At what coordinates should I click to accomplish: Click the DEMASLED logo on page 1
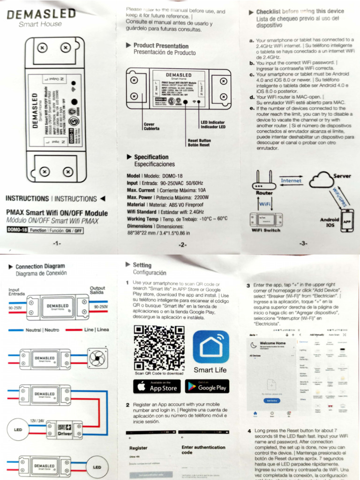[41, 15]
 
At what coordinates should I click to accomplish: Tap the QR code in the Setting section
[152, 347]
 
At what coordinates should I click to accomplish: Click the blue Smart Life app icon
[210, 347]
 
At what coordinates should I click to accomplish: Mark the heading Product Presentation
[161, 45]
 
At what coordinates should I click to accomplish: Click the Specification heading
[151, 157]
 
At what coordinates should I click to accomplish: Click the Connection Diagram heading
[40, 266]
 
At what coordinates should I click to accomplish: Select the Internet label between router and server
[291, 180]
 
